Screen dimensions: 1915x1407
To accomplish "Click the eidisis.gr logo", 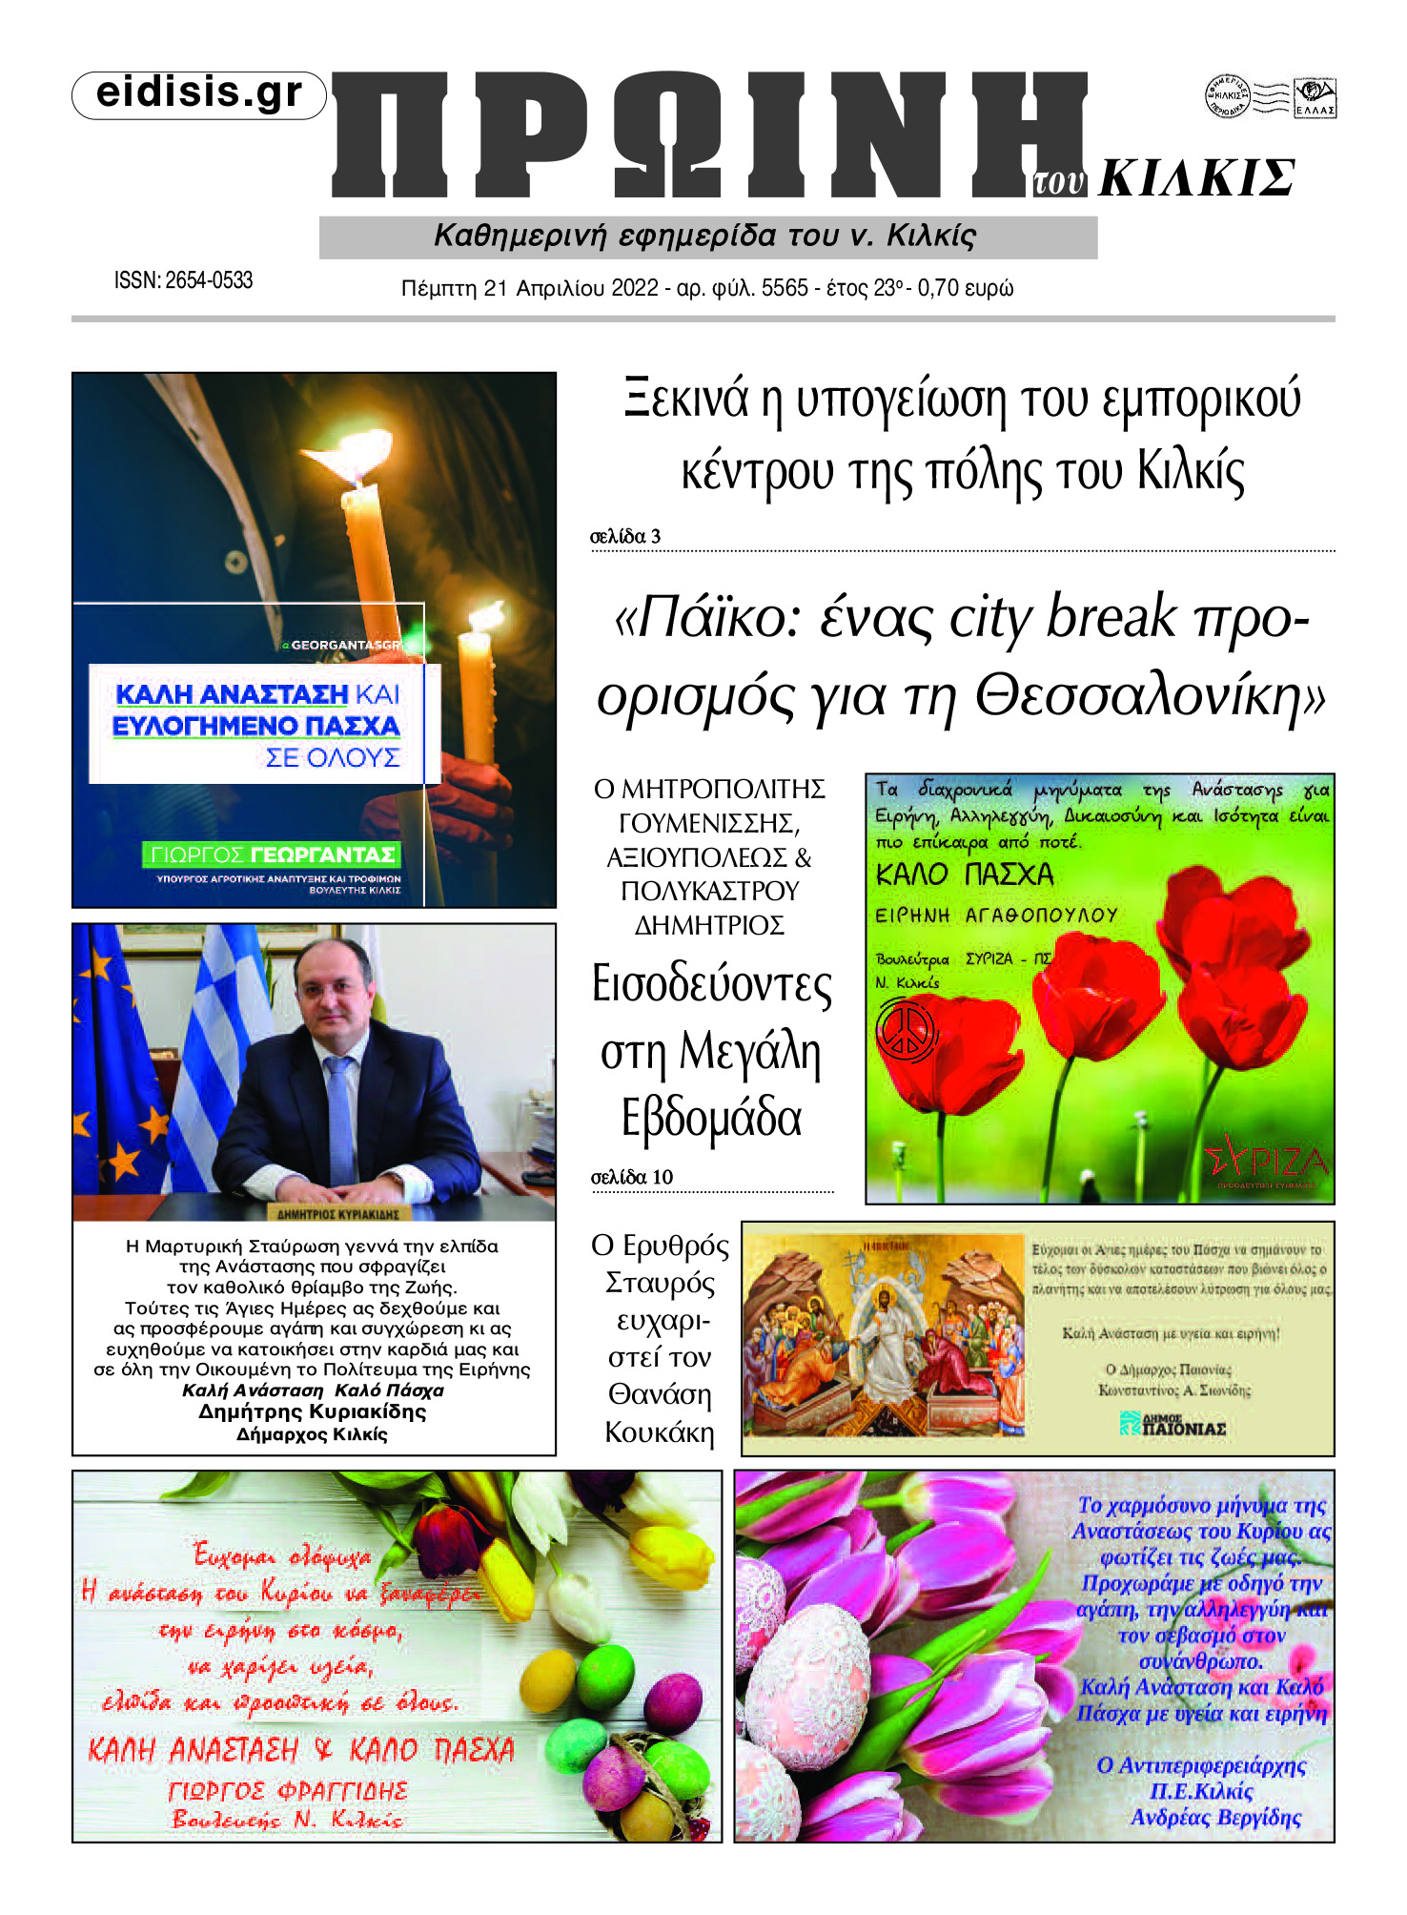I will pos(199,94).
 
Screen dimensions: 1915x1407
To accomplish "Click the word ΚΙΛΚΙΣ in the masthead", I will pos(1197,178).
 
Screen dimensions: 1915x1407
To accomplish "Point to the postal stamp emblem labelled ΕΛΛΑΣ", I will pos(1315,98).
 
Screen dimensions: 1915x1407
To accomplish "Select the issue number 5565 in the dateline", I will pos(785,288).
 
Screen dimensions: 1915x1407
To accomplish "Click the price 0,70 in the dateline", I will pos(938,288).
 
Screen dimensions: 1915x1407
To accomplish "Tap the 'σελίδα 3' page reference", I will pos(625,537).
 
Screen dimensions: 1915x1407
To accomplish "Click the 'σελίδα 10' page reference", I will pos(631,1178).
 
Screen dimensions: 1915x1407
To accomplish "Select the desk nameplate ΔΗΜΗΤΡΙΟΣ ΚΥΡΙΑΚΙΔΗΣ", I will pos(337,1214).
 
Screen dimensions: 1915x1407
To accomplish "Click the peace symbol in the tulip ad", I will pos(905,1029).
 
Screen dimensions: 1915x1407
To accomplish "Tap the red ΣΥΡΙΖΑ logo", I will pos(1266,1163).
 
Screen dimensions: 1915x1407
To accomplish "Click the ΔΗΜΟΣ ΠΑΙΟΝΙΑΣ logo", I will pos(1172,1425).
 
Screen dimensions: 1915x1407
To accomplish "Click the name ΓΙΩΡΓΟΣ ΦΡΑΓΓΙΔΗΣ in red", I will pos(288,1791).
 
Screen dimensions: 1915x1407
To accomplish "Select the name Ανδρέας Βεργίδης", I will pos(1215,1818).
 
